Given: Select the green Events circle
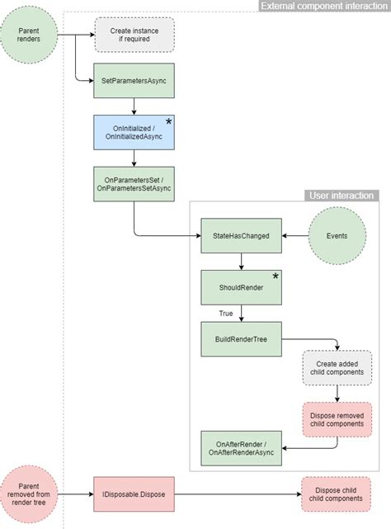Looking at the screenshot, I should [x=336, y=236].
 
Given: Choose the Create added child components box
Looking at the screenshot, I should [x=336, y=367].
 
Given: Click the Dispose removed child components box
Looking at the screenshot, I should [x=336, y=418].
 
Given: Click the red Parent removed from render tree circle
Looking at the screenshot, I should [x=29, y=494].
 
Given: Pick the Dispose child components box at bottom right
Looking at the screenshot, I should [x=336, y=495].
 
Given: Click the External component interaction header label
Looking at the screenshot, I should [x=323, y=6].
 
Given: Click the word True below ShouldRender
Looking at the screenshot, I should [x=225, y=313].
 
